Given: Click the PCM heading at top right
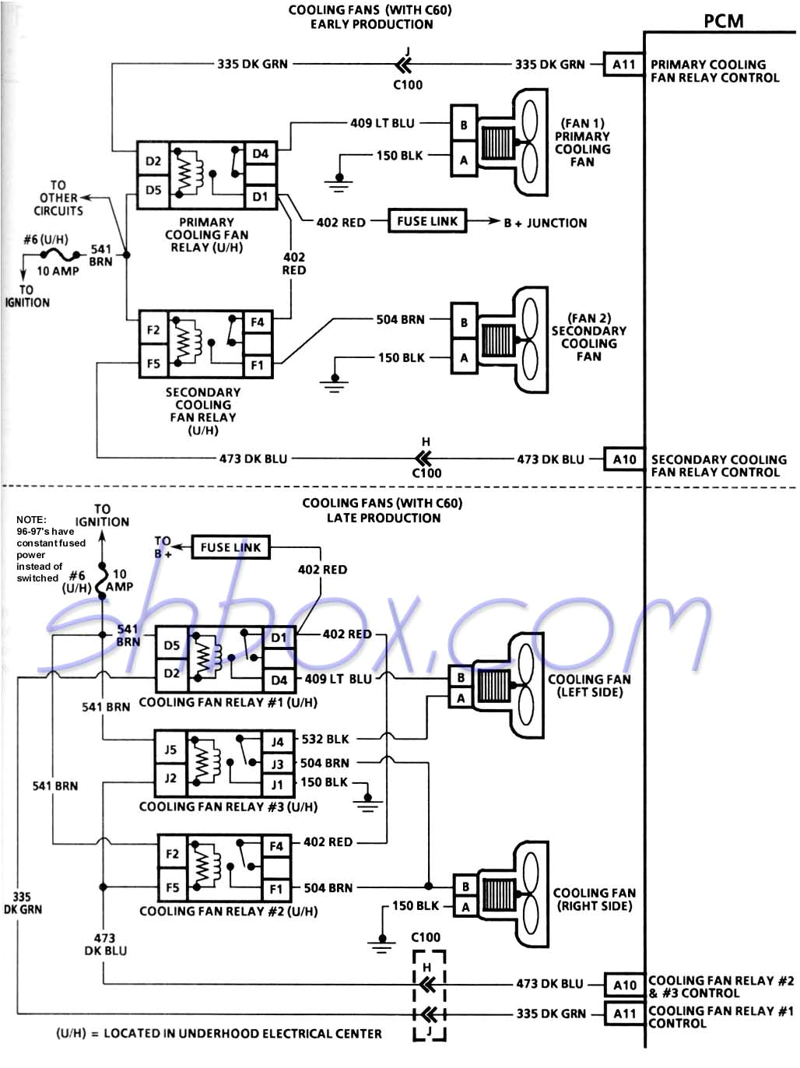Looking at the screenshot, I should click(723, 21).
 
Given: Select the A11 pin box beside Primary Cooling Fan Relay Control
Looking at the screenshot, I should click(623, 65).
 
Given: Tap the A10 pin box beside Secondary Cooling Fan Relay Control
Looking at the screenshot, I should click(624, 459).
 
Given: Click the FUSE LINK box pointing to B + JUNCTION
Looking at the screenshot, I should click(427, 221).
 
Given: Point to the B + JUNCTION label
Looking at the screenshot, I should click(545, 223).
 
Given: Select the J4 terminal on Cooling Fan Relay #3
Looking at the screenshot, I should click(277, 742).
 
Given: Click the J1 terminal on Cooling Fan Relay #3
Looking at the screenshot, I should click(277, 784).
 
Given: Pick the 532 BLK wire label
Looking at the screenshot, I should click(325, 739).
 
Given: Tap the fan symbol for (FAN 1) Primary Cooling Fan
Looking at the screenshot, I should click(514, 142).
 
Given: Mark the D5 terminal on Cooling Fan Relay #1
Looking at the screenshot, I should click(172, 645).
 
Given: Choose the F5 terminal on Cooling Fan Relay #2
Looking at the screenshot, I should click(173, 887).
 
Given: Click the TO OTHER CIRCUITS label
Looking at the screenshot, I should click(58, 198).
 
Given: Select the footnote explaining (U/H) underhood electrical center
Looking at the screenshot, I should click(219, 1034).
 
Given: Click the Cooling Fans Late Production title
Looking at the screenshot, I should click(382, 511).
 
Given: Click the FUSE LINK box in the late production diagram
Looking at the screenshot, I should click(230, 547).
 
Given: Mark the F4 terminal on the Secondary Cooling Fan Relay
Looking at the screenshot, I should click(257, 322).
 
